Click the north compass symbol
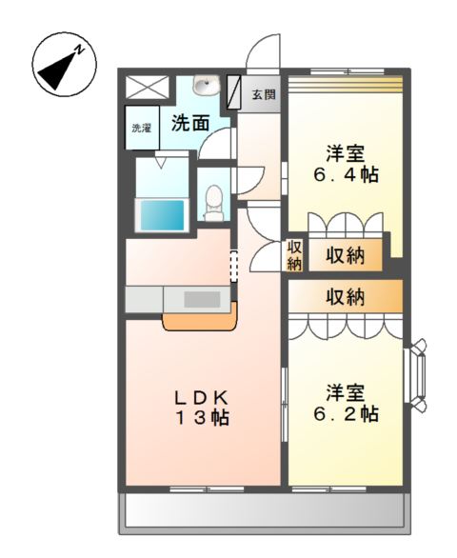64,65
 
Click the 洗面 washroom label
190,123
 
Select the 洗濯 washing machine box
141,129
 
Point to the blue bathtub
162,214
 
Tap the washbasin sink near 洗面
204,87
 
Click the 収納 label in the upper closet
345,255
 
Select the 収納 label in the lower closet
345,297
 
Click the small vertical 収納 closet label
295,255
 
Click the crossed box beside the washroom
146,87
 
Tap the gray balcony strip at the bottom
264,514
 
